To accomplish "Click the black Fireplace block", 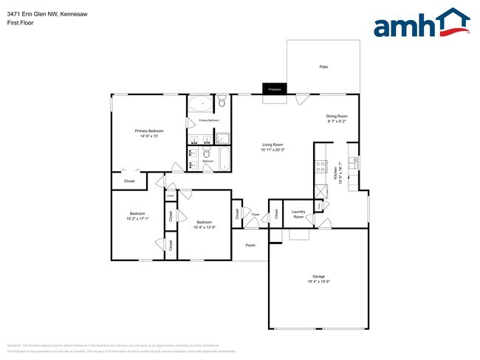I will (274, 89).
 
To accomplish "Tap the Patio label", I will (323, 67).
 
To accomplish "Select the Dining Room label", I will (337, 116).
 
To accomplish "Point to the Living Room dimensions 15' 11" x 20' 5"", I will (272, 150).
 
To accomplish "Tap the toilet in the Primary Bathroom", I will (222, 104).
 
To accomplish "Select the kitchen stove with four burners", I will (320, 167).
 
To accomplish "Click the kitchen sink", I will (353, 162).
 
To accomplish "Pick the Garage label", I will (318, 276).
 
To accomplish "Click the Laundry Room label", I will (298, 214).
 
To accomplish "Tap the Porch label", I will (250, 245).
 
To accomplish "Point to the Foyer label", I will (256, 214).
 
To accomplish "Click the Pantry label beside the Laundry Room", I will (276, 213).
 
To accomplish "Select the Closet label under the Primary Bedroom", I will (129, 180).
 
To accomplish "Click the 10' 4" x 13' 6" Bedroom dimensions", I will (204, 227).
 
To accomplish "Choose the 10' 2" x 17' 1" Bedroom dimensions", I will (137, 218).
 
